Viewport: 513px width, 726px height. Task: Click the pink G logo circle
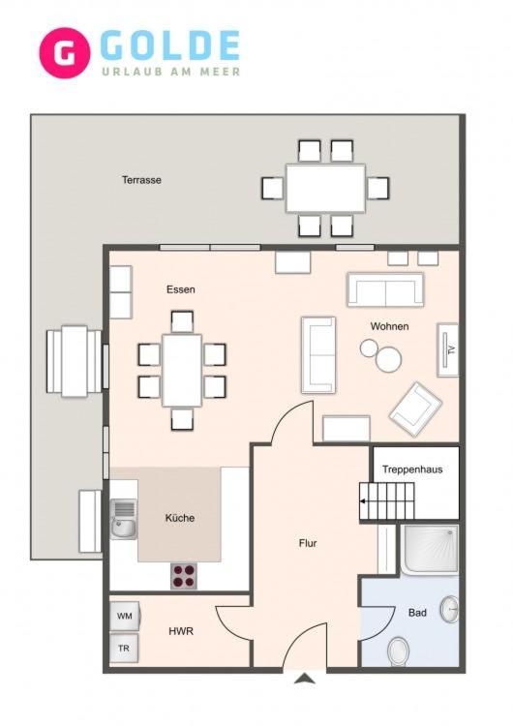coord(64,53)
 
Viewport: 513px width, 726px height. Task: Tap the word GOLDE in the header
coord(170,45)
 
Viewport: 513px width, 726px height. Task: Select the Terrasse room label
coord(141,180)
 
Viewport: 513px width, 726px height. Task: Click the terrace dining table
coord(325,188)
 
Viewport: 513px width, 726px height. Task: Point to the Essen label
coord(181,289)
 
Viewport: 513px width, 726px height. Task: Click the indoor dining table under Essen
coord(182,371)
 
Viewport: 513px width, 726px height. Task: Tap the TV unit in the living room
coord(448,349)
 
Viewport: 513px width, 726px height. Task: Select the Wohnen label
coord(389,326)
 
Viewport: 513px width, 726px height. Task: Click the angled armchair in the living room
coord(415,408)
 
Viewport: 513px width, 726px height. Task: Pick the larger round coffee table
coord(388,359)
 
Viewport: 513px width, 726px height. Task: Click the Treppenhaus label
coord(412,469)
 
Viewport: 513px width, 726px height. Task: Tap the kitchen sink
coord(123,519)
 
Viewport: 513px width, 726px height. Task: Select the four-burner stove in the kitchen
coord(184,576)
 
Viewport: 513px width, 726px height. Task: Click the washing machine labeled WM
coord(125,616)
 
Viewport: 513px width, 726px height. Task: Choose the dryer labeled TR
coord(124,649)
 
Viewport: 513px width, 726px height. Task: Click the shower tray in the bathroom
coord(430,549)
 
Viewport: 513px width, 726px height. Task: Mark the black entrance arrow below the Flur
coord(305,679)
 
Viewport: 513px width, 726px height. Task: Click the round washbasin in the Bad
coord(449,609)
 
